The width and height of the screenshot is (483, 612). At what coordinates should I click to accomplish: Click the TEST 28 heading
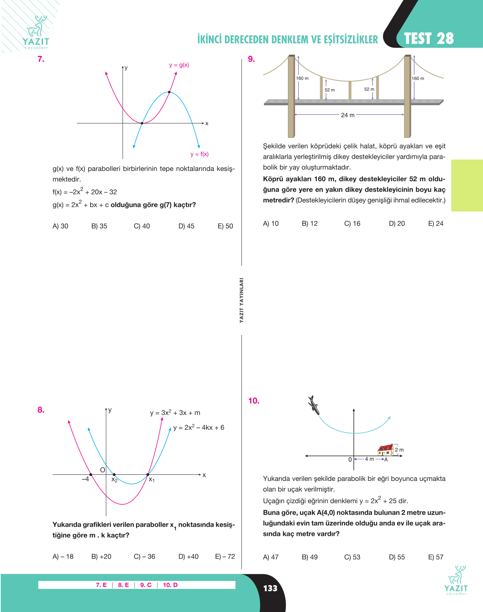click(429, 38)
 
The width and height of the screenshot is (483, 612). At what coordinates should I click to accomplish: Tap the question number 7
click(41, 59)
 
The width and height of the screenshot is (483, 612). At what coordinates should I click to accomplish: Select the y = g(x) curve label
click(179, 65)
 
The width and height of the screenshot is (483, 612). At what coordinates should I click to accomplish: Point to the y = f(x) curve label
click(200, 154)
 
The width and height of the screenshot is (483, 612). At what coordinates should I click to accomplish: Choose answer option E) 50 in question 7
click(225, 226)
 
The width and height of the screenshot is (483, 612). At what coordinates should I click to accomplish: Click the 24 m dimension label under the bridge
click(348, 115)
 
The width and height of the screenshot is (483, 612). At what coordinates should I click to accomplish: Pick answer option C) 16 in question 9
click(352, 224)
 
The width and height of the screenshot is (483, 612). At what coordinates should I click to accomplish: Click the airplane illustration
click(314, 405)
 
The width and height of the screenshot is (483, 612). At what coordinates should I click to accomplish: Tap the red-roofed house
click(386, 450)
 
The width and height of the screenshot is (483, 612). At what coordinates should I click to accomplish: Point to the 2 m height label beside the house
click(399, 450)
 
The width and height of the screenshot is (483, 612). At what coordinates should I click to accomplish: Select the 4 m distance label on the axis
click(369, 459)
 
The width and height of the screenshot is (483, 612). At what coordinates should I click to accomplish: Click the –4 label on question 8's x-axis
click(85, 479)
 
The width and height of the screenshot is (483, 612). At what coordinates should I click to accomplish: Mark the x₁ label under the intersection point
click(152, 479)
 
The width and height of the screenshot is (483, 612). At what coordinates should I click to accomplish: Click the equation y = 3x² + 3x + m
click(175, 412)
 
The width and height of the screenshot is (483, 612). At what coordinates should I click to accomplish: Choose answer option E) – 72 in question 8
click(225, 557)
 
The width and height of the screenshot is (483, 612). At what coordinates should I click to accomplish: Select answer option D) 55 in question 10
click(397, 557)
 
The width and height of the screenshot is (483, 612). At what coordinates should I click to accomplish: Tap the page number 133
click(270, 588)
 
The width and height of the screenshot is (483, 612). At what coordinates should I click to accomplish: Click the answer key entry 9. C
click(146, 585)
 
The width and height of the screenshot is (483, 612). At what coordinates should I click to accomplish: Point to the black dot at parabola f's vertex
click(169, 92)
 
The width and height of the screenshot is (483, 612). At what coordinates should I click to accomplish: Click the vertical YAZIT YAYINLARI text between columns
click(241, 300)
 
